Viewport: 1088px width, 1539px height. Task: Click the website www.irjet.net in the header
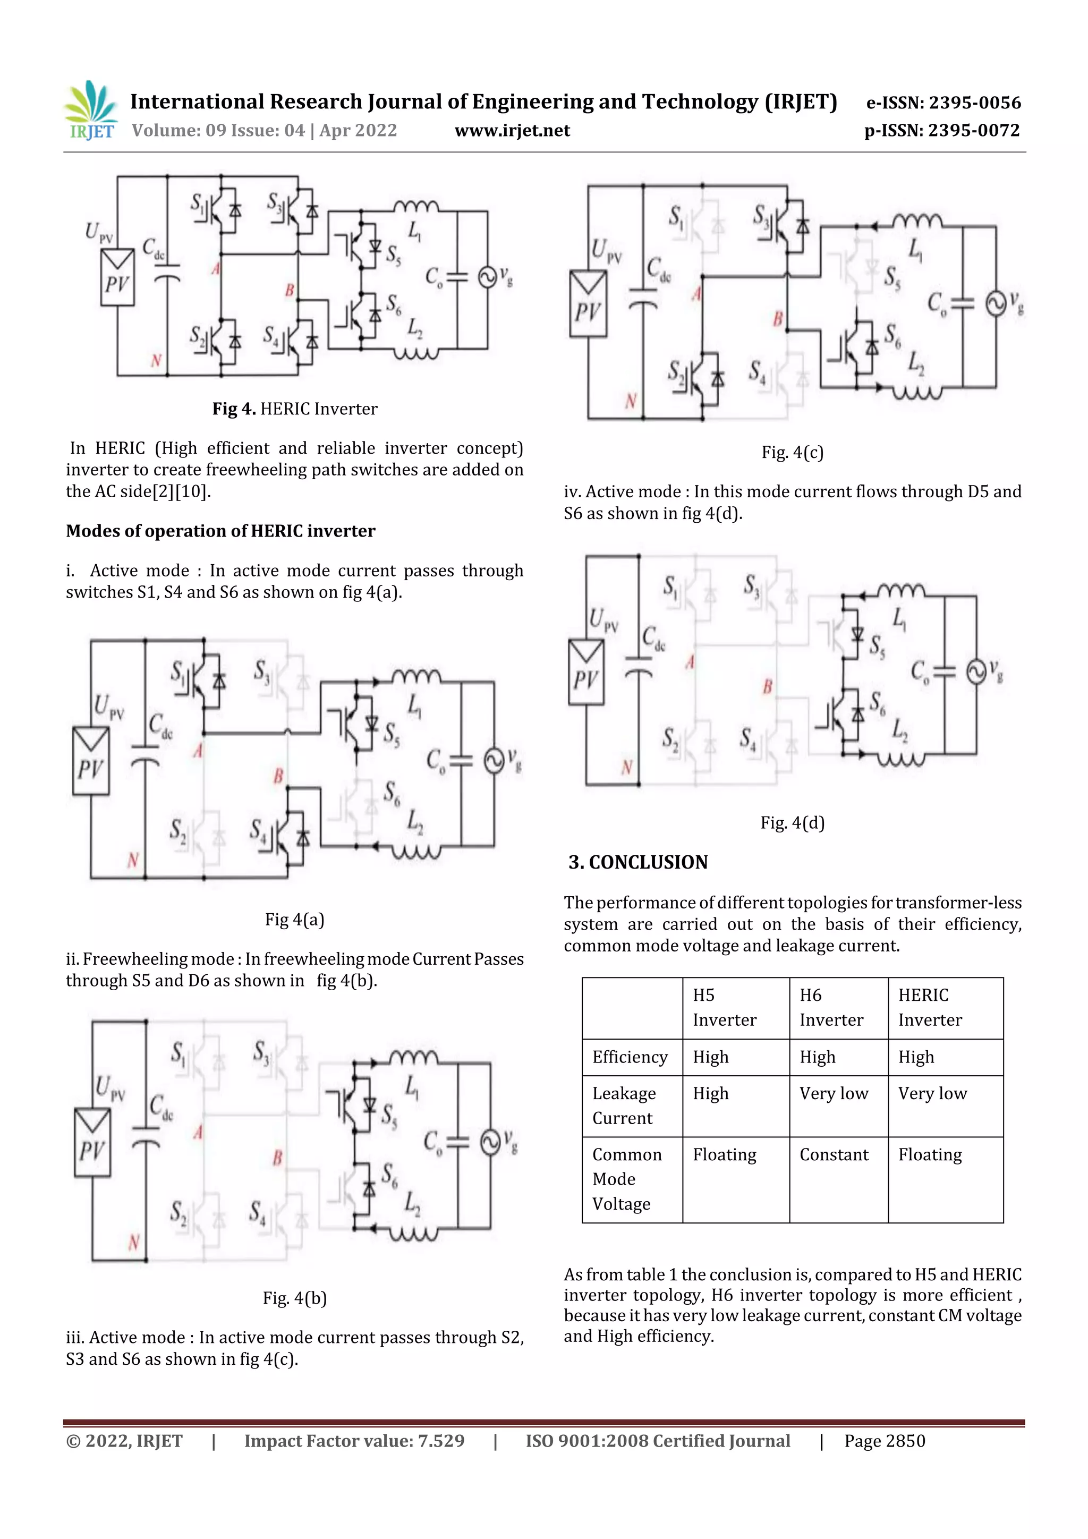click(512, 131)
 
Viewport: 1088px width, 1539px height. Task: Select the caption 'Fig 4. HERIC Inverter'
click(294, 409)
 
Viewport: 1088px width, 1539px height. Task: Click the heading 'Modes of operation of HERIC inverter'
click(220, 531)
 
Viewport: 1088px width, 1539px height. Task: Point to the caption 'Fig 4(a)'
click(294, 919)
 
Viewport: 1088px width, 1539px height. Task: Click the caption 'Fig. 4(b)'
click(294, 1298)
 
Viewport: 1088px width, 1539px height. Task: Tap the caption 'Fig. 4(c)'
click(793, 453)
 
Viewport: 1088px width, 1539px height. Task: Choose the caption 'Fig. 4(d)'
click(793, 822)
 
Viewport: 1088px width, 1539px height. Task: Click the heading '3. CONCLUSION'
click(637, 862)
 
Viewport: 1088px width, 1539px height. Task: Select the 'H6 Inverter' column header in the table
click(831, 1007)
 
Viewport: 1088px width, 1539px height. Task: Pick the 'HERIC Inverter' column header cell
click(930, 1007)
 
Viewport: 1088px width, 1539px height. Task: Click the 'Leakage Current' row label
click(624, 1106)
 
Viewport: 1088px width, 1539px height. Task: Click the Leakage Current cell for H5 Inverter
click(711, 1093)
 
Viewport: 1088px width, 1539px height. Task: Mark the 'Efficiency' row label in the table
click(630, 1057)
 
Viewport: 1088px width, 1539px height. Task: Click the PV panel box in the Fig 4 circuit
click(117, 277)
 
